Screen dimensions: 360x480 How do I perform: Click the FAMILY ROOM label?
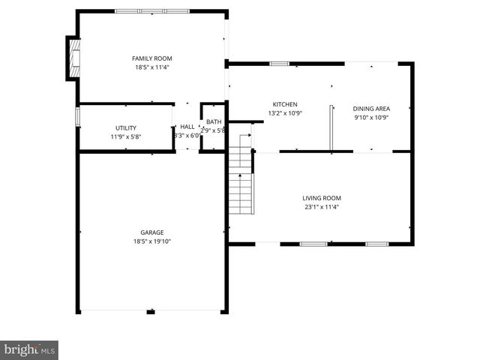(152, 58)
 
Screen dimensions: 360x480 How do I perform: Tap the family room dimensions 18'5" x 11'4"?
(152, 67)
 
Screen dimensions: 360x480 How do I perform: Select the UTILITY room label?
(125, 127)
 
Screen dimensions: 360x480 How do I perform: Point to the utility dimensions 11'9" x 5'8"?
(125, 136)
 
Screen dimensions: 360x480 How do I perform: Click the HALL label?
(187, 127)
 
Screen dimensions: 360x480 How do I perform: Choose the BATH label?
(214, 122)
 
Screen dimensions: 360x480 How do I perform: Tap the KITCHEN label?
(285, 104)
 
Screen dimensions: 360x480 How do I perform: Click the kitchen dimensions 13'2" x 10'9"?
(285, 113)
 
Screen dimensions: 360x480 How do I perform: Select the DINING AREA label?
(372, 108)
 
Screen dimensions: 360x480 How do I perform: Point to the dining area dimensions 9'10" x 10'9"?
(372, 117)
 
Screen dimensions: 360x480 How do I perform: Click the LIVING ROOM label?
(322, 198)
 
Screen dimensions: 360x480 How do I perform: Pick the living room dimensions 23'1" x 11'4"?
(322, 207)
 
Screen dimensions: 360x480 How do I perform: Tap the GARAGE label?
(151, 232)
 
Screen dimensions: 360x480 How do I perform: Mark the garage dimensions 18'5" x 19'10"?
(151, 241)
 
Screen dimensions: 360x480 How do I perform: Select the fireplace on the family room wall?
(73, 58)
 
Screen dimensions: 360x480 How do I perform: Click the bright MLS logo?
(29, 349)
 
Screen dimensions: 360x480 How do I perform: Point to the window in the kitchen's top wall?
(280, 64)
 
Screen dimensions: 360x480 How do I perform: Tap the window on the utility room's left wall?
(78, 118)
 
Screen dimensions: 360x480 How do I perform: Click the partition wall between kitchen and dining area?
(331, 128)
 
